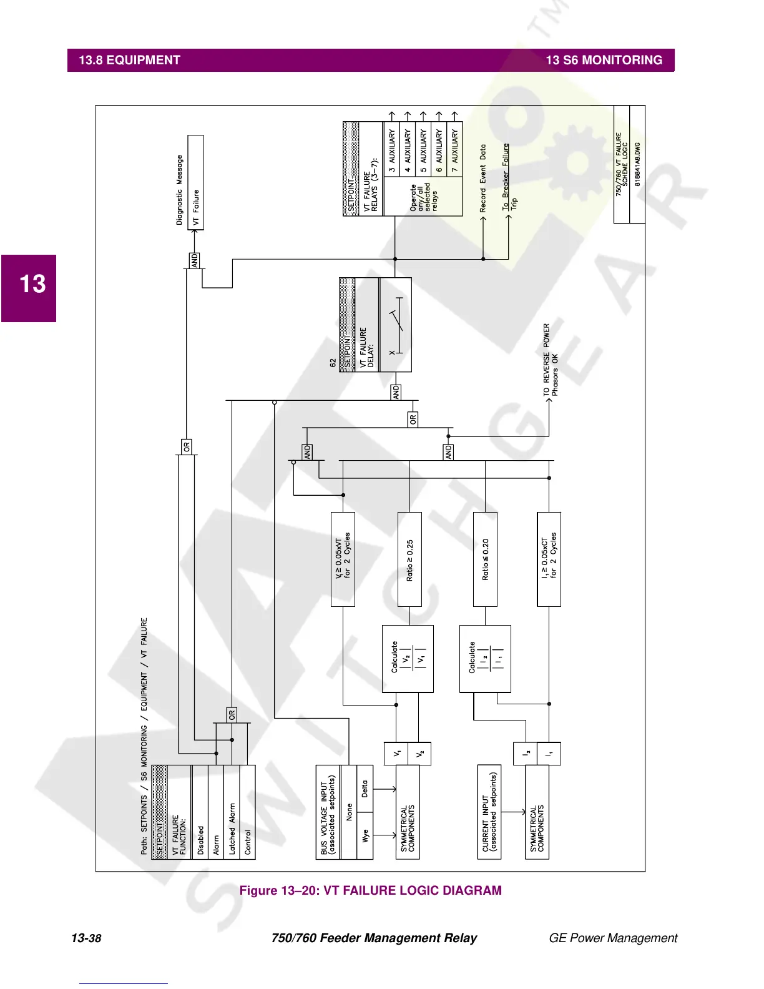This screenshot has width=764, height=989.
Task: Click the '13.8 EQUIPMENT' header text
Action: coord(129,61)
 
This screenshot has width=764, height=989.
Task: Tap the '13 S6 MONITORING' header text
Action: coord(604,61)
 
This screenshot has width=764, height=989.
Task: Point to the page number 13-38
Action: coord(86,938)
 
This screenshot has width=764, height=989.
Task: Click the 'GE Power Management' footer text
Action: coord(612,938)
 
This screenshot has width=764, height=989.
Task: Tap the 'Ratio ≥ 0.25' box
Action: coord(409,559)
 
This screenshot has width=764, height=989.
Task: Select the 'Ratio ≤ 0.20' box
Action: coord(485,559)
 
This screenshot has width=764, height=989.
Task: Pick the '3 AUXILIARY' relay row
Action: coord(392,147)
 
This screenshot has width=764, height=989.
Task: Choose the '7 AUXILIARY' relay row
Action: coord(455,147)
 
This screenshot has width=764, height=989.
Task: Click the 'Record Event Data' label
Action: coord(482,179)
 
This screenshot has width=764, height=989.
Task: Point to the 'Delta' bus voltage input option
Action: coord(365,789)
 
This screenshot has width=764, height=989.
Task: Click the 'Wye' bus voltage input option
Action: coord(365,835)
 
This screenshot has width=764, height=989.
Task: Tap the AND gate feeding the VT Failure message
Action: coord(195,260)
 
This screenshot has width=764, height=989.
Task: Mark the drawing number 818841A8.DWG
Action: coord(637,164)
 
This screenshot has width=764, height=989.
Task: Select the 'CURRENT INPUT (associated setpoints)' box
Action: coord(489,812)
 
